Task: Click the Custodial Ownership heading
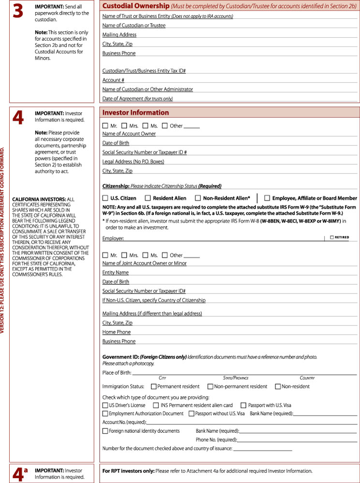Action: (x=134, y=6)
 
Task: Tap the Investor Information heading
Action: (x=135, y=113)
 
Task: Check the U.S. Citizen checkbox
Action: (x=105, y=198)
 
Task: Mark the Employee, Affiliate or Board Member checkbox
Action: (x=267, y=198)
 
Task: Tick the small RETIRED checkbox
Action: (x=331, y=237)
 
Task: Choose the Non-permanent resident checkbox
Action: (x=210, y=386)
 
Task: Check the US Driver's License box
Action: (x=105, y=405)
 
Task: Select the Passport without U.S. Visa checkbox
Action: (x=192, y=413)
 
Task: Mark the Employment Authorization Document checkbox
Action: (x=105, y=413)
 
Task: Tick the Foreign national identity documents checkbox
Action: (x=105, y=431)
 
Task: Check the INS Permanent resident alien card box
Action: (x=156, y=405)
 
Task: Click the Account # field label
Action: (x=113, y=80)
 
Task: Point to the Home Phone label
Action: (x=116, y=332)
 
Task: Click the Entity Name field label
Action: (x=115, y=272)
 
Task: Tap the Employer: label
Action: (x=113, y=238)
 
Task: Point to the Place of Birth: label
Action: (x=117, y=372)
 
